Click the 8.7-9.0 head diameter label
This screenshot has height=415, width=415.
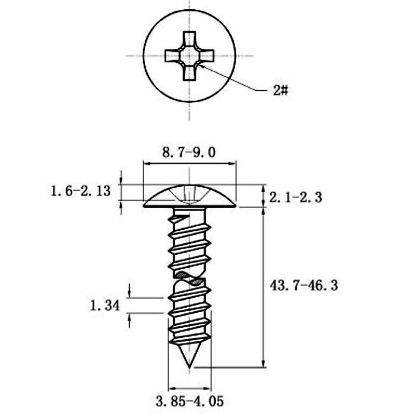pos(188,152)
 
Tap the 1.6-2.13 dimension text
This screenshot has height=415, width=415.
pos(80,190)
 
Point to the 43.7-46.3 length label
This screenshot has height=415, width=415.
pos(305,285)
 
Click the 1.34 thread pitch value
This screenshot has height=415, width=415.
pos(104,305)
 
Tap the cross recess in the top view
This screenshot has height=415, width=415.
pos(189,56)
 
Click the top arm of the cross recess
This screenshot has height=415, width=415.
pos(189,39)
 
